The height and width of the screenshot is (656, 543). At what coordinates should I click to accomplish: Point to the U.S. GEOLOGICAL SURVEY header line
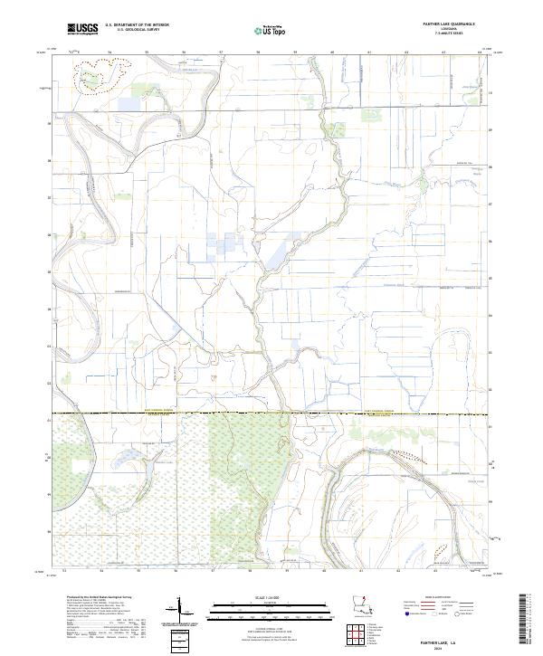133,32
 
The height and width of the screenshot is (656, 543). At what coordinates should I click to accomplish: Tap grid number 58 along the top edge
258,53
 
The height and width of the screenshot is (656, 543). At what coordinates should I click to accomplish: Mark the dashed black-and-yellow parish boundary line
271,414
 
